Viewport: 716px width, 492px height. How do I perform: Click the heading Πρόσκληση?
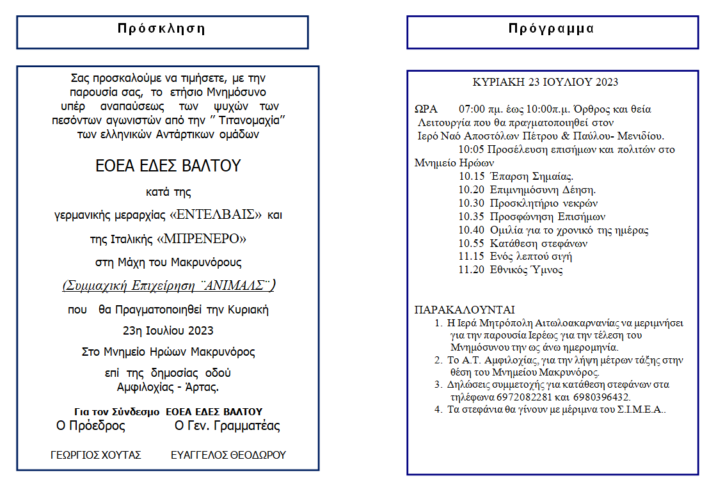(x=161, y=29)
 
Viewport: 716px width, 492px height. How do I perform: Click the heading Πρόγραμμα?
(x=552, y=29)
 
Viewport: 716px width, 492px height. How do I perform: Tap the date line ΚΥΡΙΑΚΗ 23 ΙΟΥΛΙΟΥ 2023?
(x=545, y=83)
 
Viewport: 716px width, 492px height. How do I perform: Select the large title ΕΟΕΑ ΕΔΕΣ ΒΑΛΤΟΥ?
(x=168, y=166)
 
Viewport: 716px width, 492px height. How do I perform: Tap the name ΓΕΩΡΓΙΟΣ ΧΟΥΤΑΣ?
(x=96, y=456)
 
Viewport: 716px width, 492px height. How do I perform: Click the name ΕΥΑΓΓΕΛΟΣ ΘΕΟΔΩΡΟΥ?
(x=228, y=456)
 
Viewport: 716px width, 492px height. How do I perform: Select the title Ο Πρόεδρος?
(x=91, y=426)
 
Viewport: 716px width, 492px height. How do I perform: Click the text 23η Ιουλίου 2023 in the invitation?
(x=168, y=331)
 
